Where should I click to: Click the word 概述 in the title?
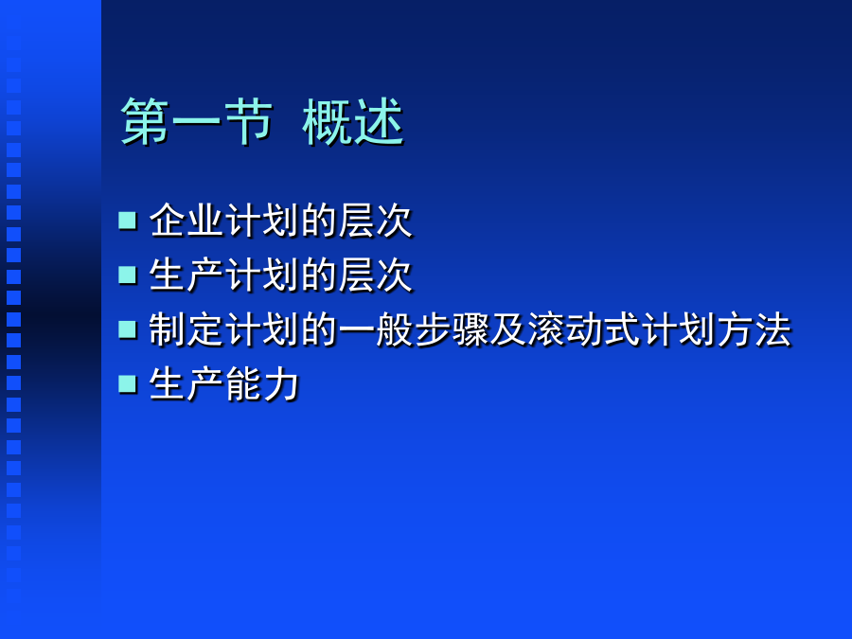(353, 122)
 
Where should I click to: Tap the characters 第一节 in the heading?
(196, 122)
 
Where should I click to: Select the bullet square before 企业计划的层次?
(128, 221)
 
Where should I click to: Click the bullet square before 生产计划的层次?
(128, 275)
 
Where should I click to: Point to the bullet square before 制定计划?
(128, 329)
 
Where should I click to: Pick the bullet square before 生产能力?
(128, 383)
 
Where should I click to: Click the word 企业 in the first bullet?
(186, 221)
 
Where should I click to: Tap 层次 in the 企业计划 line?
(375, 221)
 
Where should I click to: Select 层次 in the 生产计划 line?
(375, 275)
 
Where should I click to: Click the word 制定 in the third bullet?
(186, 329)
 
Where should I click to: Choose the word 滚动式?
(583, 329)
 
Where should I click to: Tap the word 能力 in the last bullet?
(262, 383)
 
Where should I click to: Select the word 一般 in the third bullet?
(375, 329)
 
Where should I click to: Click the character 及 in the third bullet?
(507, 329)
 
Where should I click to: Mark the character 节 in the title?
(248, 122)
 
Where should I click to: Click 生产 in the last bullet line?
(186, 383)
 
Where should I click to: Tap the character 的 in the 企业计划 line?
(318, 221)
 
